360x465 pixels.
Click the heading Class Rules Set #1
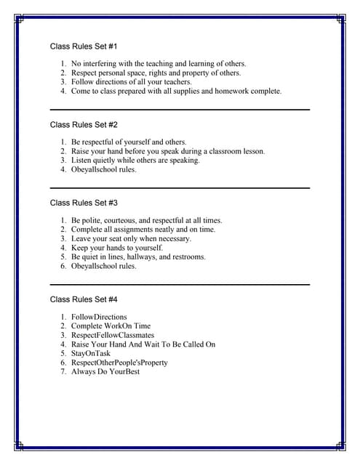[84, 46]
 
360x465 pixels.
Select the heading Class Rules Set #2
[84, 124]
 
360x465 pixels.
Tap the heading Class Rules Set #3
[84, 203]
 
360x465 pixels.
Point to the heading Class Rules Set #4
[84, 299]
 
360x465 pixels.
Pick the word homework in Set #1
[221, 92]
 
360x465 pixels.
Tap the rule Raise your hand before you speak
[167, 152]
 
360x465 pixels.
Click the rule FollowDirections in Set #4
[99, 318]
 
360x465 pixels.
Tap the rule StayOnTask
[91, 354]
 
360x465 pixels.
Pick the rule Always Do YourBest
[105, 372]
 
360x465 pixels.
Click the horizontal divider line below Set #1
[180, 109]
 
